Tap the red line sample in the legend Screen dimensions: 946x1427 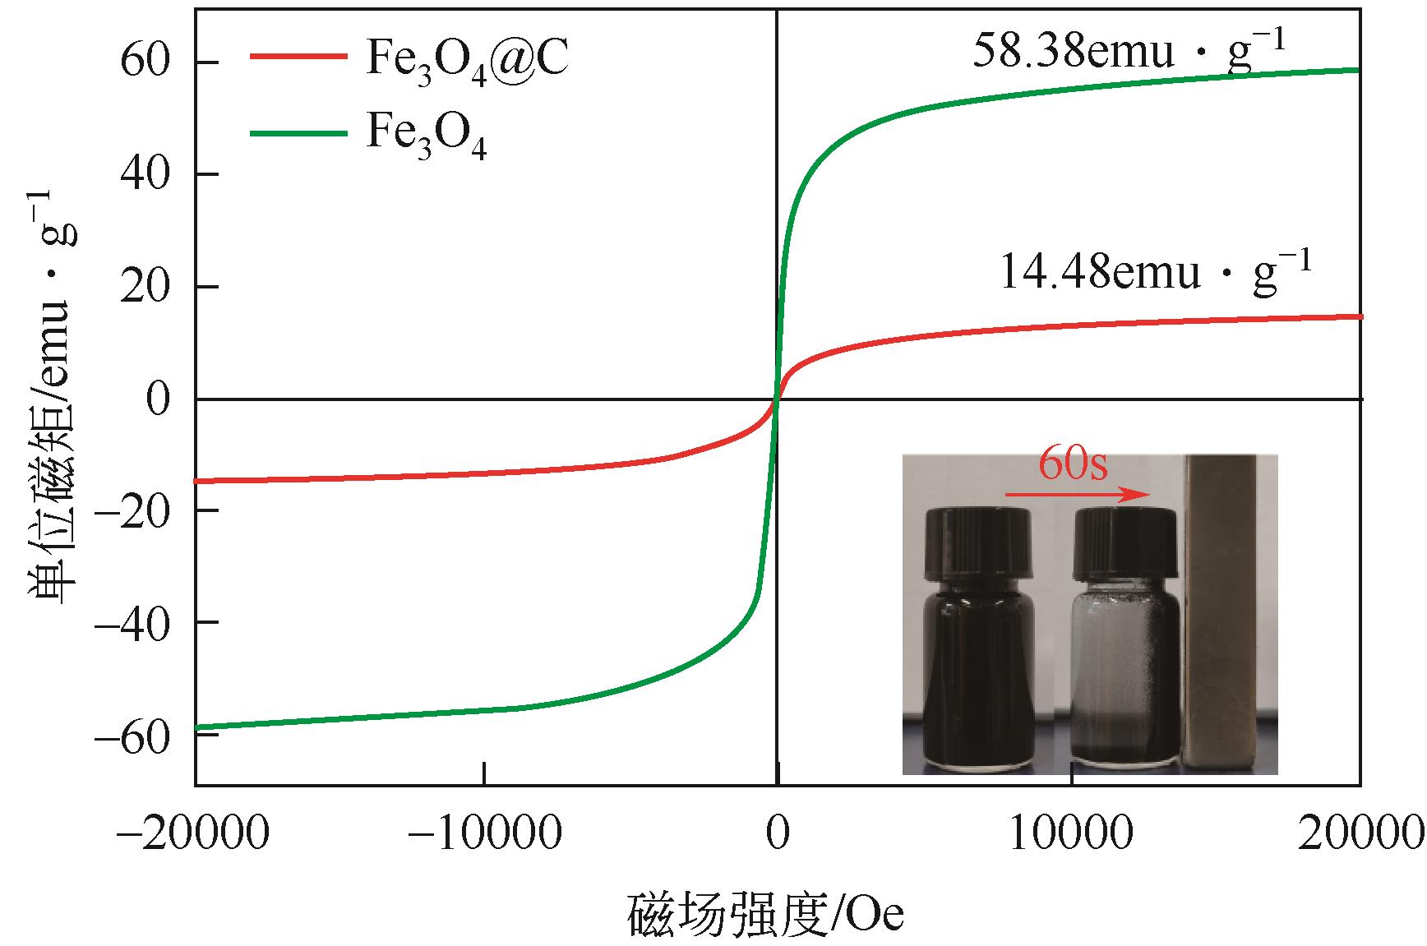(297, 56)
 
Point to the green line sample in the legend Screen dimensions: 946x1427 (297, 131)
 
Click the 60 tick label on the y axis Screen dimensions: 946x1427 (145, 62)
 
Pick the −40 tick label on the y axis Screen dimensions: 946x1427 (133, 621)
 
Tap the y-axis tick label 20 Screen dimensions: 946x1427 (145, 286)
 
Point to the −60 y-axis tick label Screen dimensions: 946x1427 (133, 734)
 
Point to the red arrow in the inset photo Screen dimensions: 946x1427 (1077, 496)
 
